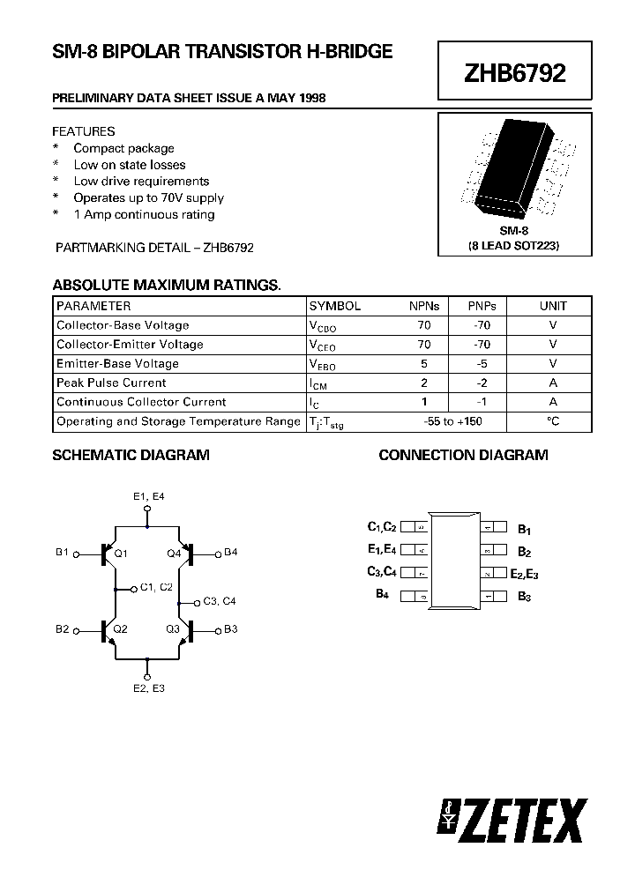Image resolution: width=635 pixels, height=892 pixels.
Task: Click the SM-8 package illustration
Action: [514, 168]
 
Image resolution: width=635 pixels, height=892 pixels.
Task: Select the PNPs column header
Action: [483, 306]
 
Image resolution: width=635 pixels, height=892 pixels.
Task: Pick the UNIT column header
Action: [553, 306]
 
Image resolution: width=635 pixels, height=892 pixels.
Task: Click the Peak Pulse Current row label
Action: [111, 383]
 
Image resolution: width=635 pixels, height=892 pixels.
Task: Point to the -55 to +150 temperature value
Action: [452, 421]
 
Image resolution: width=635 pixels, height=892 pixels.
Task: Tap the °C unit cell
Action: [553, 421]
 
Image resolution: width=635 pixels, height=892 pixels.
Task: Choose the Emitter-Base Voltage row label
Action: [117, 363]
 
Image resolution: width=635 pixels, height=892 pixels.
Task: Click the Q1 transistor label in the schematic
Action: [121, 554]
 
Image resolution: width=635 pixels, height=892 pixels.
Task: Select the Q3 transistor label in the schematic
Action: [174, 629]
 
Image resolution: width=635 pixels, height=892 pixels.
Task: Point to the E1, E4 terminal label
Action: [148, 496]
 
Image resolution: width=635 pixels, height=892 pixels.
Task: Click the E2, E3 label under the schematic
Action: [148, 688]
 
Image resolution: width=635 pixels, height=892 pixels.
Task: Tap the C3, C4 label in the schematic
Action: [220, 601]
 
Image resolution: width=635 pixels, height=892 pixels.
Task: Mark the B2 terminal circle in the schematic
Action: [76, 630]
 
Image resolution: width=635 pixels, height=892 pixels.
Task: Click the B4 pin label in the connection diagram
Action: [383, 595]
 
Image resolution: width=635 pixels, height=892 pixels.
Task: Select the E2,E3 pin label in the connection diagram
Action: [524, 574]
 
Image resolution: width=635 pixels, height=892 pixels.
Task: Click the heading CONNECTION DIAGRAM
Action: [463, 455]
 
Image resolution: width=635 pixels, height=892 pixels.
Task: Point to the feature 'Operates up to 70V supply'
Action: [148, 197]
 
